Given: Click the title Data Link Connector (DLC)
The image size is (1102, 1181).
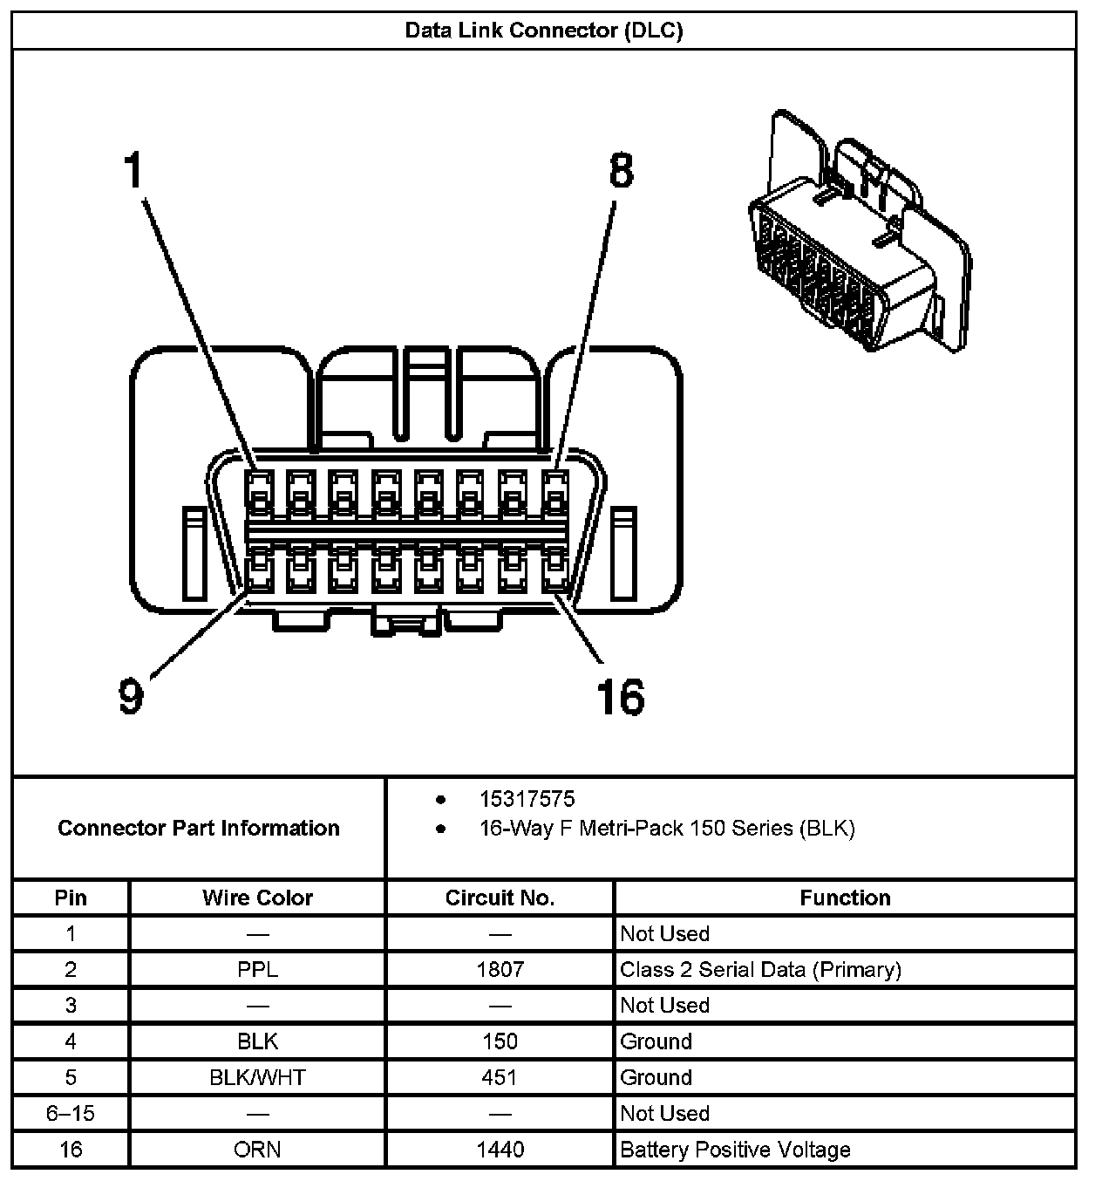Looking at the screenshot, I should (x=543, y=31).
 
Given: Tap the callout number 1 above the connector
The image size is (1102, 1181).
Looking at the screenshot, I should (x=133, y=169).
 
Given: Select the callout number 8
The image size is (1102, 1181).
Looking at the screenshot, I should (x=620, y=171).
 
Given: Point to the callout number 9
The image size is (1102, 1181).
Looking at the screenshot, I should (x=130, y=696).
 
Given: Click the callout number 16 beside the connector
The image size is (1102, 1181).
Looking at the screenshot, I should (x=620, y=696).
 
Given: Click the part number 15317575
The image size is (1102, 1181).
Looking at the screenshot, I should (x=527, y=799).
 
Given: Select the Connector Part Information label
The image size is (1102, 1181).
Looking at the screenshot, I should (x=199, y=828).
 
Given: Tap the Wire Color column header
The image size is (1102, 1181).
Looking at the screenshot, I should (x=257, y=898).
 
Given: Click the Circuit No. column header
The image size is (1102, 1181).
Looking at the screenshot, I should (x=500, y=898).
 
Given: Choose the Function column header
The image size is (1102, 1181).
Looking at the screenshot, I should (x=845, y=898).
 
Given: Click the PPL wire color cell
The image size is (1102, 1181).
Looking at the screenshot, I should (x=257, y=969).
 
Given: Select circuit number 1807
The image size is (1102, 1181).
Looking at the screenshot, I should (x=500, y=969).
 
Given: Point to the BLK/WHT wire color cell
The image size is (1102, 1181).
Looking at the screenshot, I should (x=257, y=1077).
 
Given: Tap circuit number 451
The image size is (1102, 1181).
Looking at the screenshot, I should (x=500, y=1077).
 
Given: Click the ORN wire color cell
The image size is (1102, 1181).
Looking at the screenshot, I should (x=257, y=1150).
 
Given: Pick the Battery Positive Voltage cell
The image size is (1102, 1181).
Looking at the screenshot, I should (x=735, y=1150).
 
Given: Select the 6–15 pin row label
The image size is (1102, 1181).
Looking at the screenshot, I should (x=71, y=1113).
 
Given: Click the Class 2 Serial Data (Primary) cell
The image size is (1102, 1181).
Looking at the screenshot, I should (x=760, y=969).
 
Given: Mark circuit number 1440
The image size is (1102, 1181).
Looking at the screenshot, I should (x=500, y=1150).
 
